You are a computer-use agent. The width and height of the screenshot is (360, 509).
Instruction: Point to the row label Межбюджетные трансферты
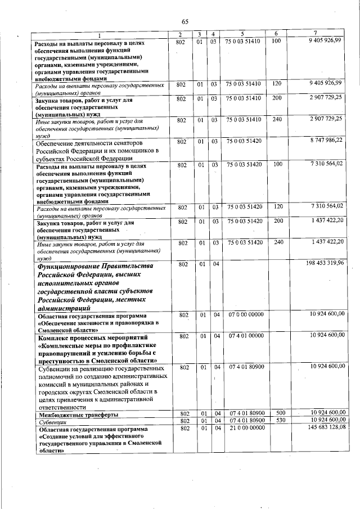coord(78,414)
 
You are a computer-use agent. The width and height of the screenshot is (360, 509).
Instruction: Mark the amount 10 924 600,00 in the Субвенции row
coord(326,420)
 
